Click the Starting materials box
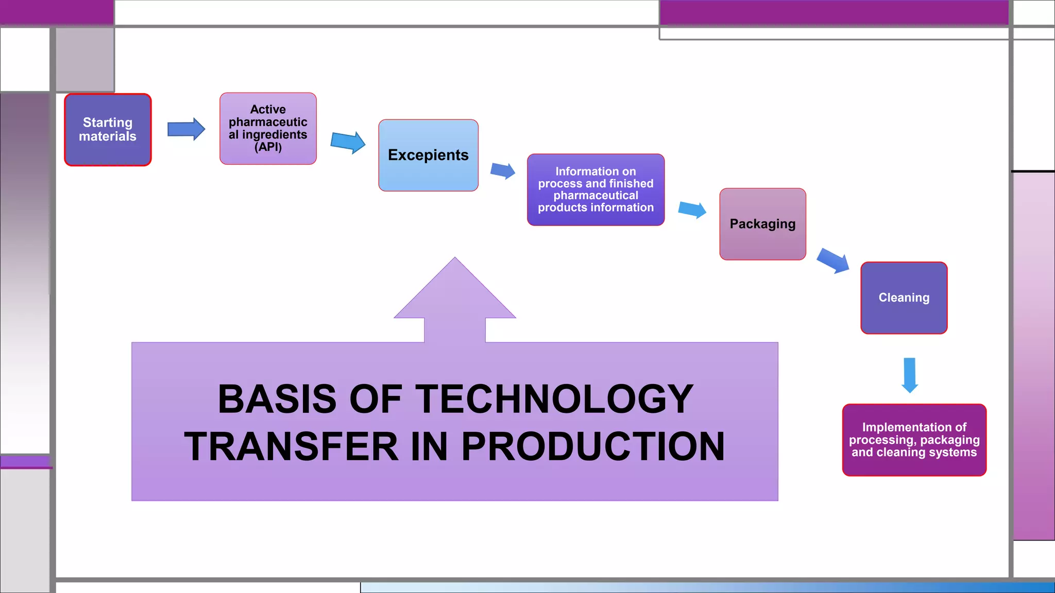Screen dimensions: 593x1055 (108, 130)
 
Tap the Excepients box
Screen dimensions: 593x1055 (428, 155)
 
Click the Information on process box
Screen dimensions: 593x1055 (595, 189)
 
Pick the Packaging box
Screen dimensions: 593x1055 (762, 224)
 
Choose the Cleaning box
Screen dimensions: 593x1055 (904, 298)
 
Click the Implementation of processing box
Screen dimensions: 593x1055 (914, 440)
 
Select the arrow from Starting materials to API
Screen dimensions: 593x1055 (186, 129)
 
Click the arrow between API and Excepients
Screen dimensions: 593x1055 (348, 142)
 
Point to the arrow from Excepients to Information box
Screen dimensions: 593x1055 (503, 170)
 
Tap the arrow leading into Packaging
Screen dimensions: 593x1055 (692, 209)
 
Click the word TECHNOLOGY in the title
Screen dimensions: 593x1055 (554, 399)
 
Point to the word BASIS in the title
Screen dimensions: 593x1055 (277, 399)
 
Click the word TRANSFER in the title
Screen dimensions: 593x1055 (291, 446)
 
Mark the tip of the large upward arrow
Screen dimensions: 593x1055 (455, 259)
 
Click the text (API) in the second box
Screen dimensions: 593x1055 (268, 147)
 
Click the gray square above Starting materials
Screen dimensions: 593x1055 (85, 59)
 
